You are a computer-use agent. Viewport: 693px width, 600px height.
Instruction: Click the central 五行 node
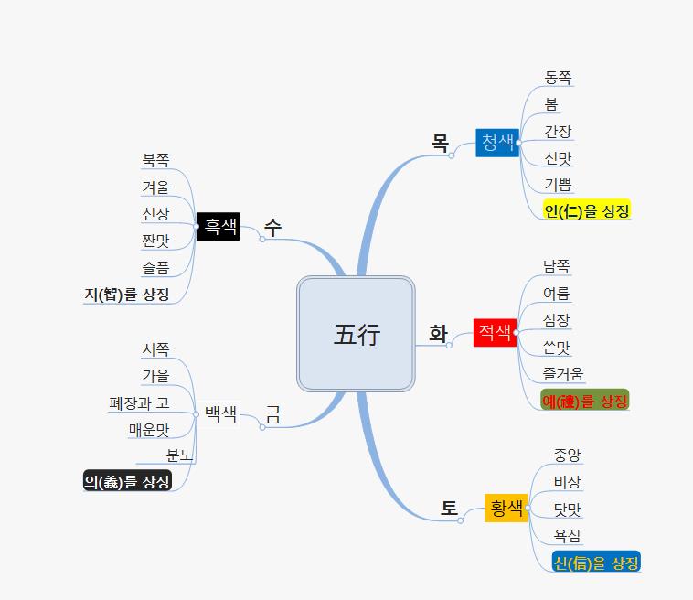click(x=356, y=334)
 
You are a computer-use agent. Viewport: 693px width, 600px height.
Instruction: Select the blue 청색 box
click(x=497, y=142)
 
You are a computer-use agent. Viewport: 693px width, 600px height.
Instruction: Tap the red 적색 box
click(x=496, y=332)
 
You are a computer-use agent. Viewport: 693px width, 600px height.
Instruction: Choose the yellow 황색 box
click(x=506, y=507)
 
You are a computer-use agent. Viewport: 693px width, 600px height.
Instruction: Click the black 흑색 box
click(x=219, y=226)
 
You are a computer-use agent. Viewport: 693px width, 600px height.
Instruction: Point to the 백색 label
click(x=220, y=413)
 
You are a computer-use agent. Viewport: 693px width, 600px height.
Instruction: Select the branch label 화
click(x=438, y=334)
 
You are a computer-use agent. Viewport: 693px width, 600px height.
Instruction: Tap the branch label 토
click(x=449, y=508)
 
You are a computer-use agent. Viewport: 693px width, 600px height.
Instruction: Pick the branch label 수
click(x=272, y=227)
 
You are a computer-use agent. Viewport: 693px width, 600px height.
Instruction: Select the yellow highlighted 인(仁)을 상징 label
click(x=586, y=211)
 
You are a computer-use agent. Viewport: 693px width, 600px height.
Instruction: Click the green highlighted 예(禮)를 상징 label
click(x=585, y=401)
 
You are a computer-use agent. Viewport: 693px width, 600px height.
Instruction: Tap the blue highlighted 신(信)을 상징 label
click(x=596, y=562)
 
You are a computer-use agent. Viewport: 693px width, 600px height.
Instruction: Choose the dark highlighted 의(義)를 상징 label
click(x=127, y=481)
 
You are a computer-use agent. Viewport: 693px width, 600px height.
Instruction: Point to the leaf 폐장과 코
click(x=138, y=402)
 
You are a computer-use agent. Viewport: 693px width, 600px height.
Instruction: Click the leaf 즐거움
click(x=563, y=373)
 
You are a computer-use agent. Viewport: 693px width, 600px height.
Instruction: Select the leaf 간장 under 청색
click(x=558, y=132)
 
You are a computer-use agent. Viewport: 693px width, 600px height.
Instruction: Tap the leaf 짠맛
click(x=155, y=241)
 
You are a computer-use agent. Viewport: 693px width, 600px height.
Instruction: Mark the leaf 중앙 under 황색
click(x=567, y=455)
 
